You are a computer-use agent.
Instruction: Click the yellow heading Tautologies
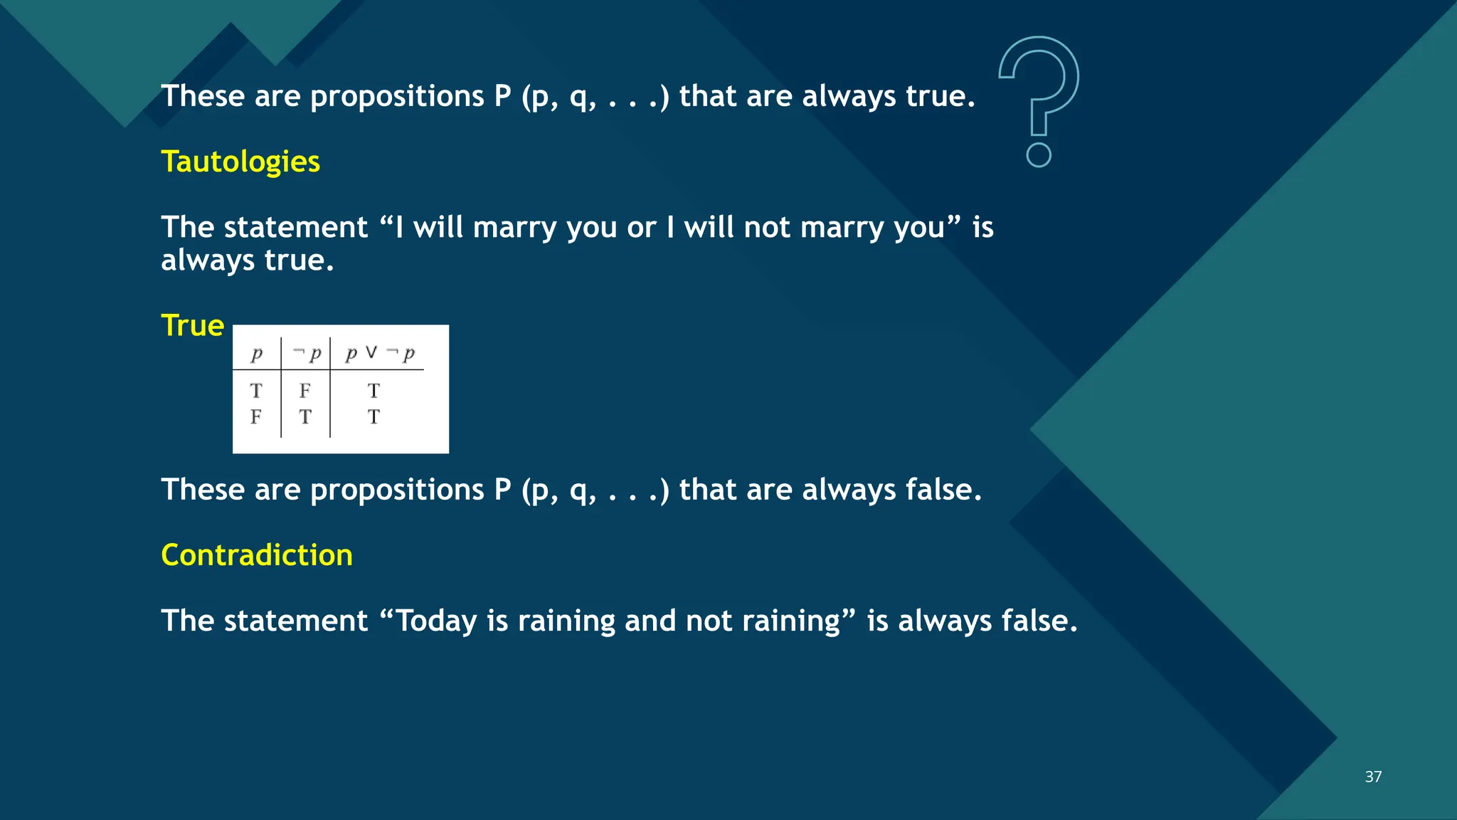240,162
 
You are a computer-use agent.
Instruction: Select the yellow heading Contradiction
257,555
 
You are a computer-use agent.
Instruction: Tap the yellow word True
193,325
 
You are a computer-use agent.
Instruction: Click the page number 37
1373,777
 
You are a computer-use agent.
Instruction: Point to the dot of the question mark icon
1039,154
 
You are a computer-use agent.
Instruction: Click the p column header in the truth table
257,353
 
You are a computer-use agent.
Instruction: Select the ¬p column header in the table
307,353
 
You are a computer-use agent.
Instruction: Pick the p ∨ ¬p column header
380,353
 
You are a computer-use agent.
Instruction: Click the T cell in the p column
256,391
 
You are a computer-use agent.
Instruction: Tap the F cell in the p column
256,416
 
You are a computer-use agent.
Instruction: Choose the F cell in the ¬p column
305,391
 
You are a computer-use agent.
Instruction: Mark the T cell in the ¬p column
305,416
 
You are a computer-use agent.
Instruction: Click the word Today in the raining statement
436,621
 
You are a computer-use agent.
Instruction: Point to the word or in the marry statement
641,228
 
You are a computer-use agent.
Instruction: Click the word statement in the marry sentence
295,228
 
